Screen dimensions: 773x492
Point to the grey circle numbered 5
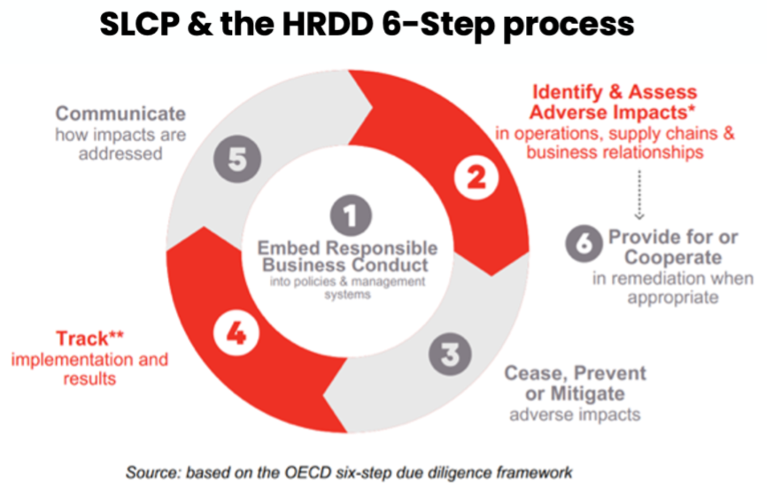tap(236, 160)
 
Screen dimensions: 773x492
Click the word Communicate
tap(121, 113)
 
